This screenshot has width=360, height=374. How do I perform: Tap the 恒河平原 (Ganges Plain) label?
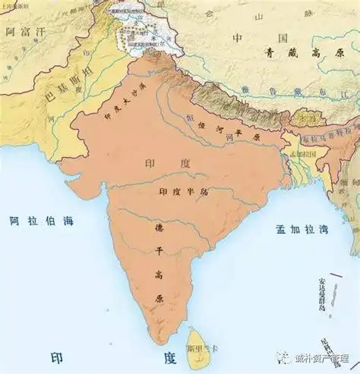coord(225,127)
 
